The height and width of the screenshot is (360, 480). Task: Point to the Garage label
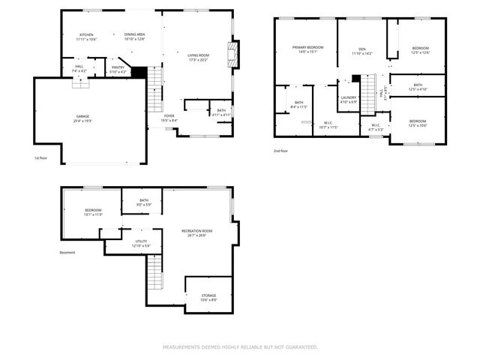(82, 118)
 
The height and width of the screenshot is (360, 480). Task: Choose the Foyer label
(169, 118)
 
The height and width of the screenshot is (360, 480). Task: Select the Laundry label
(348, 99)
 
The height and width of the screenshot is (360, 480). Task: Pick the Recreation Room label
(196, 232)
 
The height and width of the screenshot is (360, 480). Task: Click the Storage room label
(208, 298)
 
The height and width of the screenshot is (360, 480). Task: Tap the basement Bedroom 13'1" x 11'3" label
(93, 212)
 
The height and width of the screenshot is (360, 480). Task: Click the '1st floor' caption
(42, 158)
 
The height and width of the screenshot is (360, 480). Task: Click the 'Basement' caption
(67, 253)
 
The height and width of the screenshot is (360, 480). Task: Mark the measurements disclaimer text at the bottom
(240, 347)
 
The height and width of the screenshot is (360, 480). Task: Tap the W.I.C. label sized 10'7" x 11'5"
(329, 125)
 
